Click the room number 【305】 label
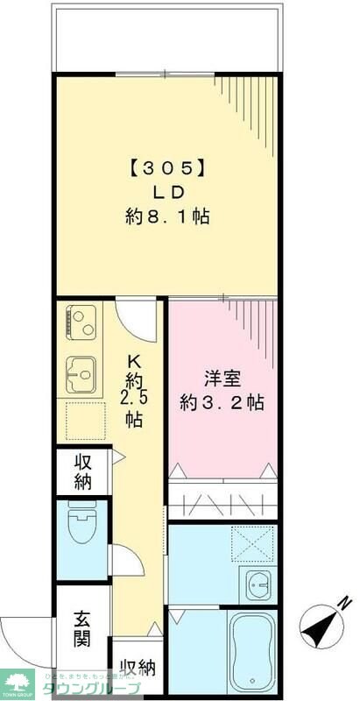point(166,166)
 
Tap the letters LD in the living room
point(166,190)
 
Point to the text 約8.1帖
point(166,216)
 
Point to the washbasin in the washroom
point(258,582)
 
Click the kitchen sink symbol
point(81,376)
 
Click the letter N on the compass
point(344,602)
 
